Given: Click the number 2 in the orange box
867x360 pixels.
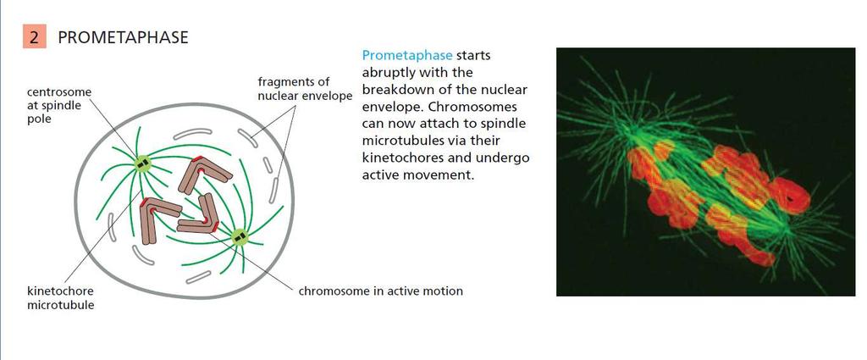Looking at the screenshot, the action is [34, 37].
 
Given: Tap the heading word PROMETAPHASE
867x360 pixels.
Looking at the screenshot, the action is [124, 37].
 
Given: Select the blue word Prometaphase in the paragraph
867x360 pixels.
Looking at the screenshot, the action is [407, 56].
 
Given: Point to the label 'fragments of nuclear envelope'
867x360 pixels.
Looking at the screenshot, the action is [305, 89].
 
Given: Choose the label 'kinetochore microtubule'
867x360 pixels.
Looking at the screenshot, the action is [61, 297].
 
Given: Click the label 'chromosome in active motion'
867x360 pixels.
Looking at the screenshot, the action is [381, 291].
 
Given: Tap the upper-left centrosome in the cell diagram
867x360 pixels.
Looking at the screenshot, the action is [142, 163].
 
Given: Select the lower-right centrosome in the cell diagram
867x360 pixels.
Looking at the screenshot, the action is [240, 238].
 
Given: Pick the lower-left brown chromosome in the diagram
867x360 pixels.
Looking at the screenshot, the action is [157, 217].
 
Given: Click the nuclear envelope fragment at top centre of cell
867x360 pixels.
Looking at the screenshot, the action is [196, 133].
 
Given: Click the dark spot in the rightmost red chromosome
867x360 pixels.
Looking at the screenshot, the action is [792, 197].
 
